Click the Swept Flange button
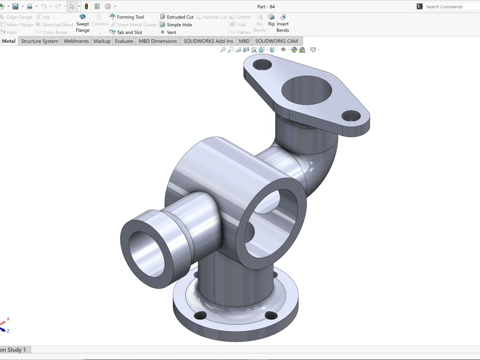pos(83,24)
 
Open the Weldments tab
pos(76,41)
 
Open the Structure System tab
pos(40,41)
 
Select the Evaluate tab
pos(124,41)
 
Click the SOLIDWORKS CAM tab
pos(276,41)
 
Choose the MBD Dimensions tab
pos(158,41)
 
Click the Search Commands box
pos(446,7)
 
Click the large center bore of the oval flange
pos(307,90)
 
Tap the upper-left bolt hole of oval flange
pos(263,64)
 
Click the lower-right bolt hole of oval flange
pos(351,116)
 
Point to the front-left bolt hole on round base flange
pos(200,315)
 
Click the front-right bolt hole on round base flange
pos(271,315)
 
